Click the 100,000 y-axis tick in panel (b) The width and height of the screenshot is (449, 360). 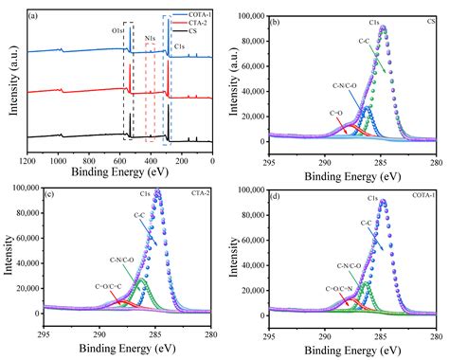tap(250, 16)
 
